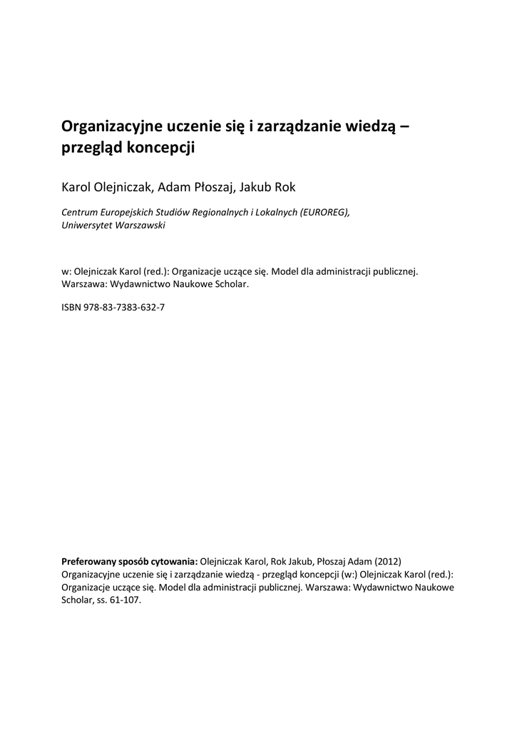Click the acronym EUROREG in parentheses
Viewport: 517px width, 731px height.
(x=324, y=213)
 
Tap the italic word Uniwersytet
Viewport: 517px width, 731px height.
(x=86, y=225)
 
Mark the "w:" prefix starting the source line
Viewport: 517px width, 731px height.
(x=67, y=272)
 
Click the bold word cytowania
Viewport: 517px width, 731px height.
(x=175, y=560)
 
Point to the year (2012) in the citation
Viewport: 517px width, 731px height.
(x=393, y=560)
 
